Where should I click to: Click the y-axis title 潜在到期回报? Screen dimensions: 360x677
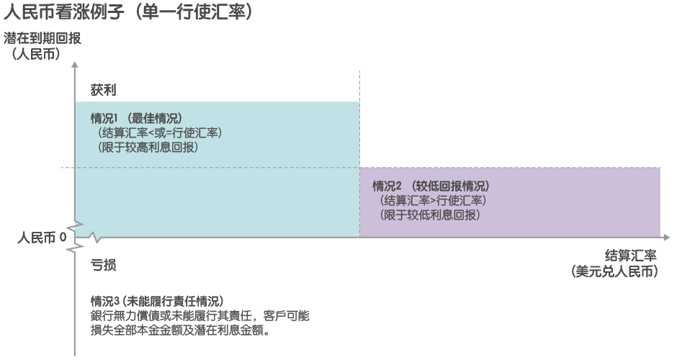42,38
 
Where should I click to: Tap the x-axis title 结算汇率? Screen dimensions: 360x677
630,256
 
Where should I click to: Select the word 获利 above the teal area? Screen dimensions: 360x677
103,91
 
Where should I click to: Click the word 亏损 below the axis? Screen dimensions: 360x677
103,265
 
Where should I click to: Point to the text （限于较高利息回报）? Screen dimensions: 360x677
148,147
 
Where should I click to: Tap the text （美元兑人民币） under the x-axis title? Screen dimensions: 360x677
614,271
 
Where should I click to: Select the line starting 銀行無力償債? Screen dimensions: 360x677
199,316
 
